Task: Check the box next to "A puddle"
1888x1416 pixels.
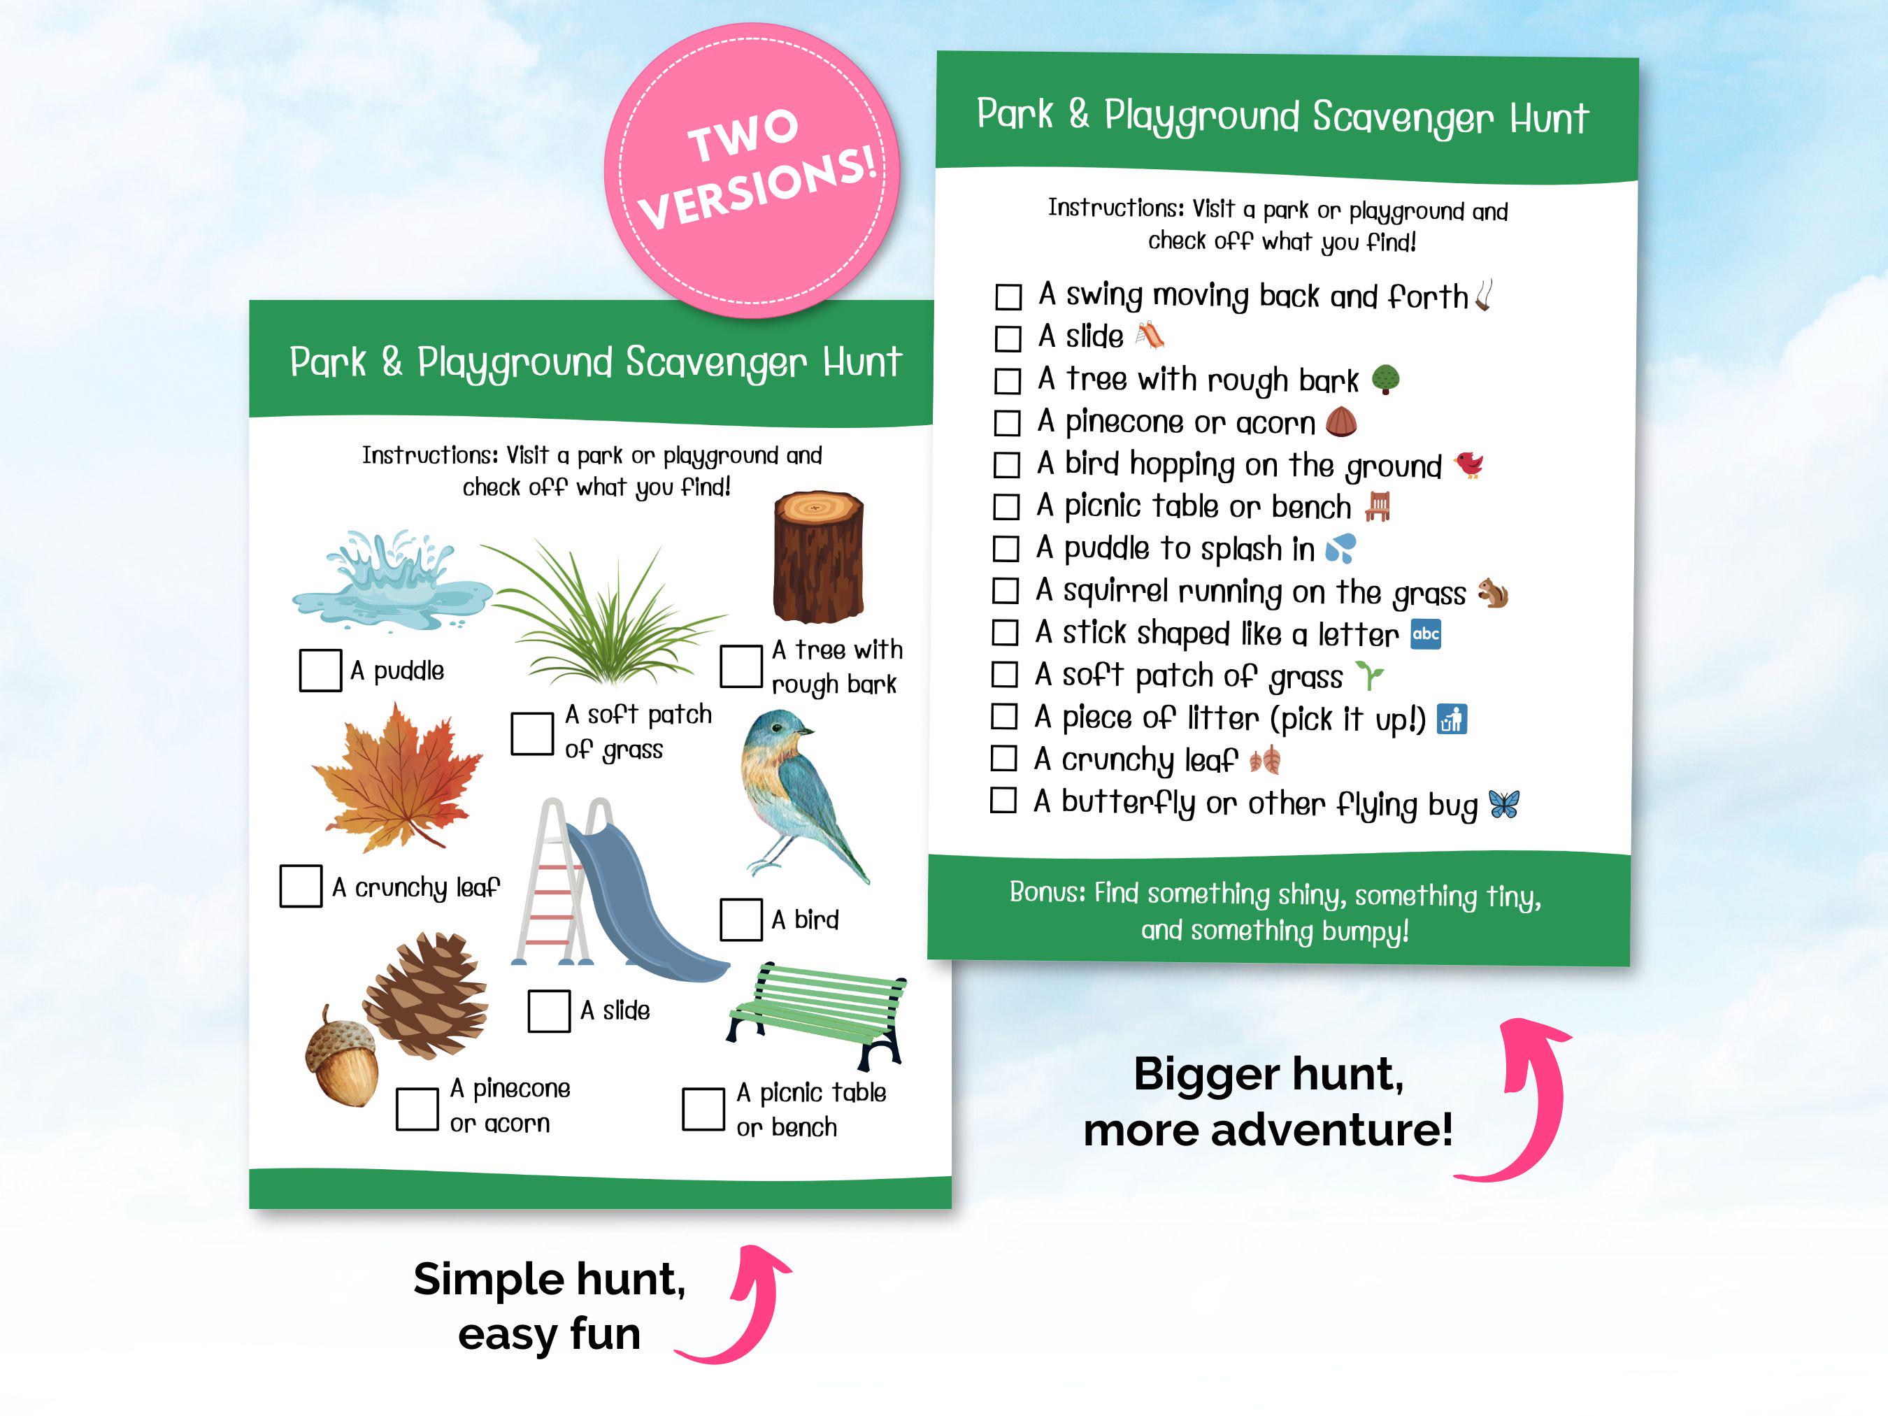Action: (x=320, y=670)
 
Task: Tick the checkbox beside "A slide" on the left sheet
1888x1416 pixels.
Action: (x=549, y=1010)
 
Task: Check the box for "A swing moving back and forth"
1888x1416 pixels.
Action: (x=1008, y=297)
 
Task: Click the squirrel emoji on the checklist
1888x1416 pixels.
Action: (x=1493, y=593)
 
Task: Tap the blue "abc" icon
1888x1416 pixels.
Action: (x=1425, y=634)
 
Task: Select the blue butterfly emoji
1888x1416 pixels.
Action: (x=1504, y=803)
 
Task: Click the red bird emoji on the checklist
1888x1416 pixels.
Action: (x=1469, y=465)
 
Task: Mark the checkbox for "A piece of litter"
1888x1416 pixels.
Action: (x=1003, y=717)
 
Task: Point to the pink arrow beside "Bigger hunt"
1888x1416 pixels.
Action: (x=1528, y=1101)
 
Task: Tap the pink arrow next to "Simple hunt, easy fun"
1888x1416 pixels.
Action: (x=747, y=1306)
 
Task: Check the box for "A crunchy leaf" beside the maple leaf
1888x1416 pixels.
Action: (x=301, y=886)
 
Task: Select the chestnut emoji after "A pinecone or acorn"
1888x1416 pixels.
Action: (x=1341, y=422)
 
